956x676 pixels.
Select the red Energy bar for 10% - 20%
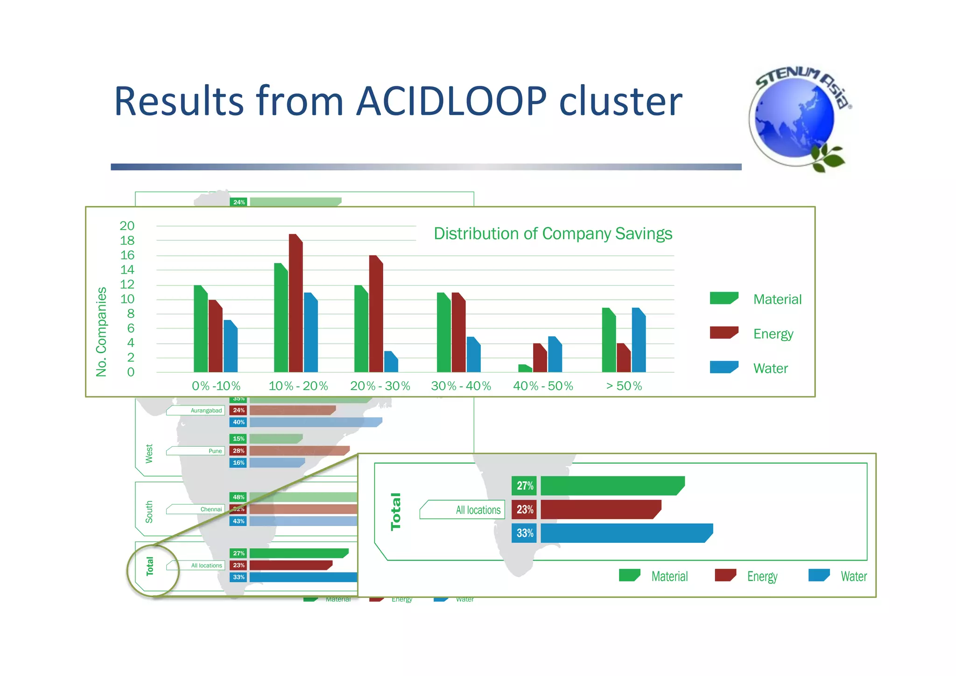[x=295, y=304]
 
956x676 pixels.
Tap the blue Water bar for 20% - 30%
[x=391, y=362]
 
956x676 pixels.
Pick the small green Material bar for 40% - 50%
[x=525, y=369]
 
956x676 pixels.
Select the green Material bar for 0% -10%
[x=201, y=329]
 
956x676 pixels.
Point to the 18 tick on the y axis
[x=127, y=241]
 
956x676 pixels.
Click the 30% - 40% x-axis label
[x=461, y=386]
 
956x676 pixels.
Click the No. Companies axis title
[x=101, y=332]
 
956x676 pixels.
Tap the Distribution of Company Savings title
[x=553, y=233]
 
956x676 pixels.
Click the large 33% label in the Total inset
[x=524, y=533]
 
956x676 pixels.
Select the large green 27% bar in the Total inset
[x=612, y=486]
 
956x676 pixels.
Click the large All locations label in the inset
[x=478, y=510]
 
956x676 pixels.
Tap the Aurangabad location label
[x=206, y=411]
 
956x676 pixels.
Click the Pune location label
[x=215, y=451]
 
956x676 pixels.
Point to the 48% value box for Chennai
[x=239, y=497]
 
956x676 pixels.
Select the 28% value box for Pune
[x=239, y=451]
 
